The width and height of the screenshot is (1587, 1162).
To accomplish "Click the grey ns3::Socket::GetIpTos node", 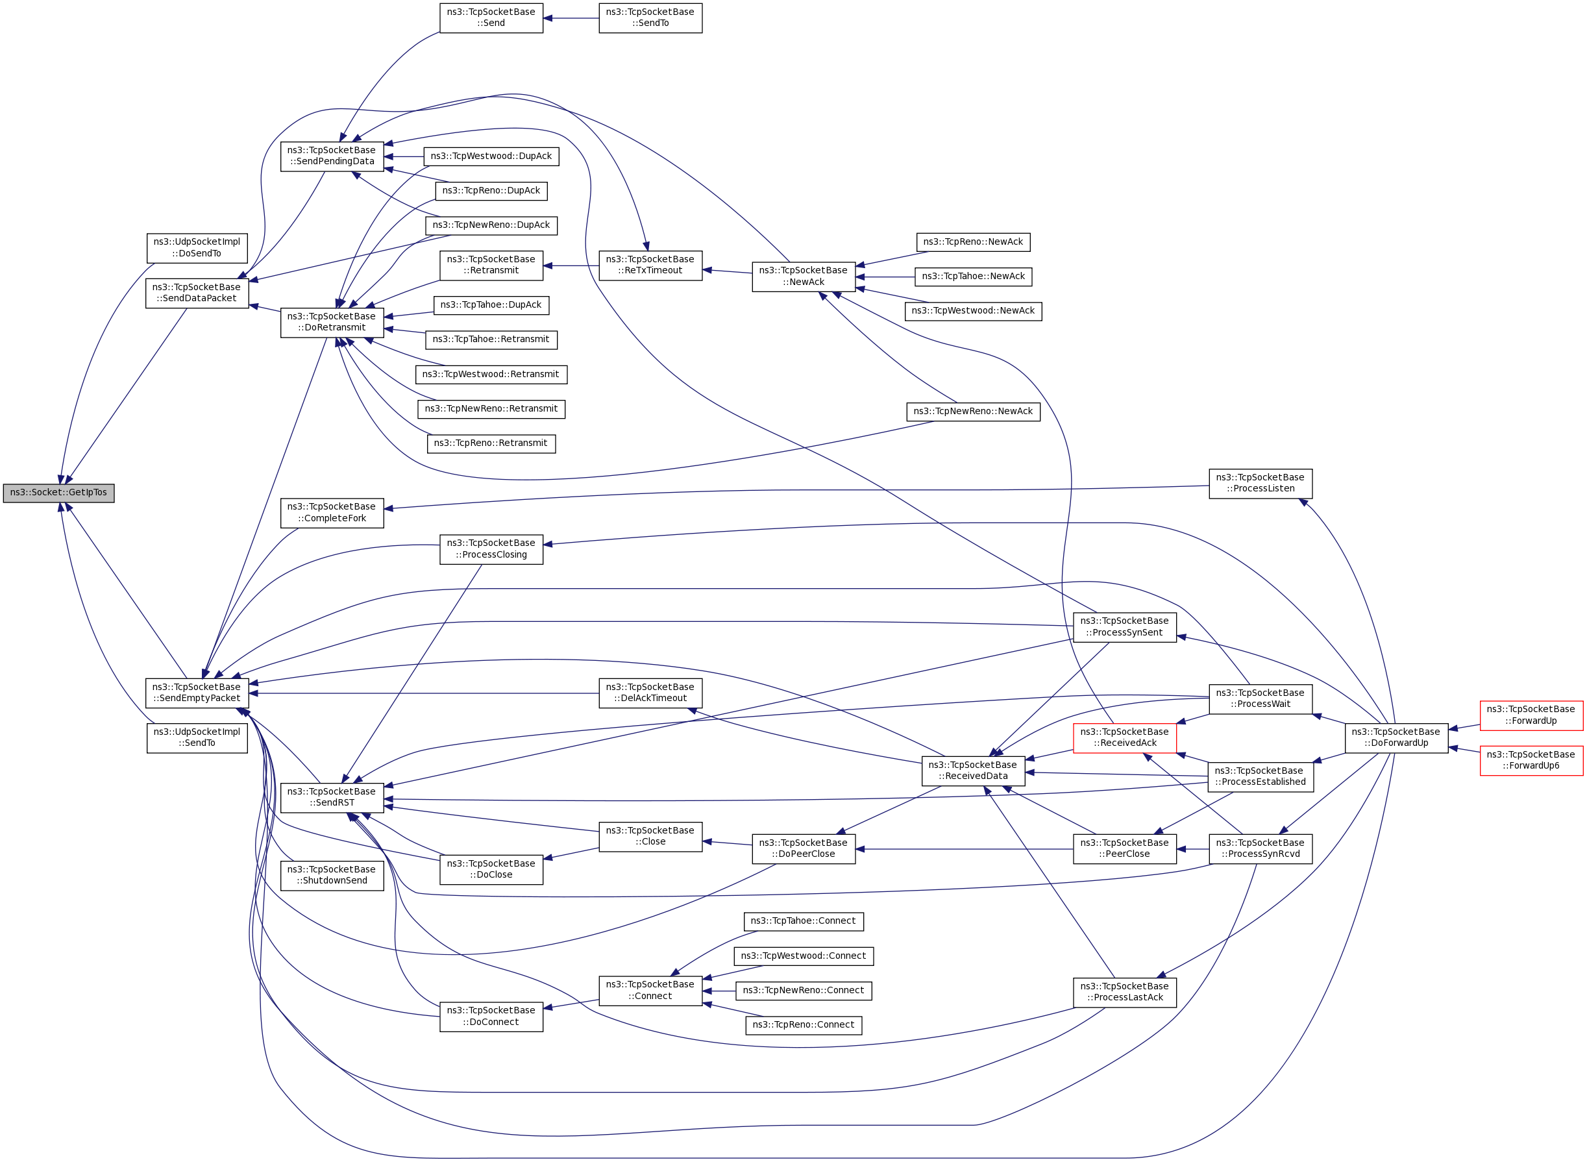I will pyautogui.click(x=58, y=493).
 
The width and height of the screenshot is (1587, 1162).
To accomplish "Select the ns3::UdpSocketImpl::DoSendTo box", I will pyautogui.click(x=197, y=247).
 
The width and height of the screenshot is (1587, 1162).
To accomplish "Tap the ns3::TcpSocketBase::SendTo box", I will pyautogui.click(x=650, y=18).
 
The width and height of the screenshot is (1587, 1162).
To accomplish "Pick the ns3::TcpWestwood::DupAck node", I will pyautogui.click(x=491, y=156).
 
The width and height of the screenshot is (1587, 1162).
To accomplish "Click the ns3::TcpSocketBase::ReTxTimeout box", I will pyautogui.click(x=650, y=265).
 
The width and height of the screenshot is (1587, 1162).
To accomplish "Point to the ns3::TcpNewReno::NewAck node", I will pyautogui.click(x=972, y=412).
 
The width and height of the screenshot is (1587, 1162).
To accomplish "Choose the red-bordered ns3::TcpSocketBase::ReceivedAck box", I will pyautogui.click(x=1124, y=737).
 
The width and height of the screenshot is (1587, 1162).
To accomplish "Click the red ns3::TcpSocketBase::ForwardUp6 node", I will pyautogui.click(x=1531, y=760).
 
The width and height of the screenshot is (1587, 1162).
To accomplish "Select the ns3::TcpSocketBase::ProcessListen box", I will pyautogui.click(x=1260, y=483).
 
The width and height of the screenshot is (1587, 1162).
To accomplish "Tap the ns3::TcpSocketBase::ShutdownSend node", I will pyautogui.click(x=332, y=875).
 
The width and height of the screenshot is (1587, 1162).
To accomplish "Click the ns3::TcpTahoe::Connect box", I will pyautogui.click(x=803, y=921).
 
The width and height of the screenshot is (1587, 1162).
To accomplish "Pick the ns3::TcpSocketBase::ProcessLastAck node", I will pyautogui.click(x=1124, y=992).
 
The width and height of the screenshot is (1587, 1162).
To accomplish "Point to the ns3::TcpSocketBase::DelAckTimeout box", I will pyautogui.click(x=650, y=693).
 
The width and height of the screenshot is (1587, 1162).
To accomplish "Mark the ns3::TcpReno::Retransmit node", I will pyautogui.click(x=491, y=443).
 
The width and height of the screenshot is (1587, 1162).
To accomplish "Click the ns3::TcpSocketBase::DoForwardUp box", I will pyautogui.click(x=1396, y=737).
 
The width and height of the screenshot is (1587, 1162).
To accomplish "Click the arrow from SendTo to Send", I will pyautogui.click(x=571, y=18).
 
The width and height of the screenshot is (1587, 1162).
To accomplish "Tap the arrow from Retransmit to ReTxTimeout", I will pyautogui.click(x=571, y=266).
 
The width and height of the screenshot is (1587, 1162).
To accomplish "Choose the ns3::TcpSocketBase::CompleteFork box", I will pyautogui.click(x=332, y=513).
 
